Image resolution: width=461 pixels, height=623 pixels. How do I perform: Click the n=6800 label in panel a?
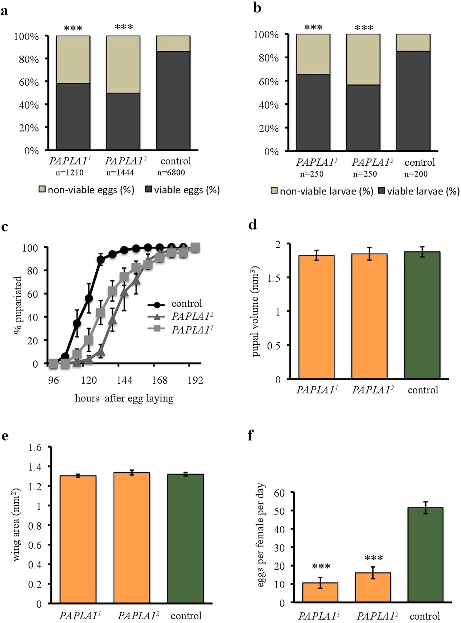point(171,173)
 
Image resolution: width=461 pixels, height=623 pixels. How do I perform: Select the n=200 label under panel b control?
point(416,174)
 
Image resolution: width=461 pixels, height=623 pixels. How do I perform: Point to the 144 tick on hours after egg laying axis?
point(124,380)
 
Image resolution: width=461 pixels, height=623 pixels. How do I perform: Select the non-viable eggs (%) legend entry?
point(87,190)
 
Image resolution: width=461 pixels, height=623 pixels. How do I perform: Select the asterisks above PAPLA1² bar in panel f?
point(373,558)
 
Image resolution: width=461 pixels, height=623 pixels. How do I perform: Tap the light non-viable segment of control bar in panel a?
point(173,44)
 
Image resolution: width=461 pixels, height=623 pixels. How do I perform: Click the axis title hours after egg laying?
point(124,398)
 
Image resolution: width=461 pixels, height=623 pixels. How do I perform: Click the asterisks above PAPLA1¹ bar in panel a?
point(73,28)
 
